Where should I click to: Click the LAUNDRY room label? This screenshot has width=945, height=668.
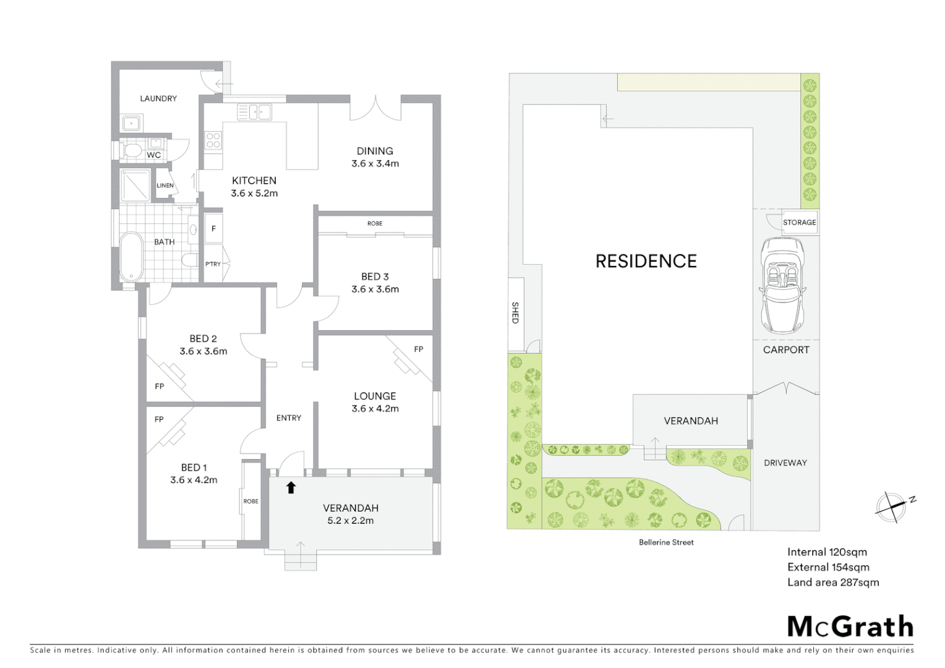click(158, 98)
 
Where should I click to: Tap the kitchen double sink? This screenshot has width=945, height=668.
click(255, 112)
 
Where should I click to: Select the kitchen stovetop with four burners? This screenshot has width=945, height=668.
click(213, 140)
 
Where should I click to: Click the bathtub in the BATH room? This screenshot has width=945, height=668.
click(130, 256)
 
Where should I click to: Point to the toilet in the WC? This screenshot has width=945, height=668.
click(131, 150)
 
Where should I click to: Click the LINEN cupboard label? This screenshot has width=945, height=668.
click(165, 186)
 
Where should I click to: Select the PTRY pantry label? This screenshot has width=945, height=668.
click(213, 264)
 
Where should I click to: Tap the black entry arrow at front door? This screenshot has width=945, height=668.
click(291, 487)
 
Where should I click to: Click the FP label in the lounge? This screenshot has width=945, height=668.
click(419, 349)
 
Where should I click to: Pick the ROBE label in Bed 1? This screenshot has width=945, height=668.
click(250, 501)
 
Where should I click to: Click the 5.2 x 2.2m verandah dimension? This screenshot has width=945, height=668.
click(351, 521)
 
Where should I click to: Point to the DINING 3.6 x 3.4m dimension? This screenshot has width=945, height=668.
click(375, 164)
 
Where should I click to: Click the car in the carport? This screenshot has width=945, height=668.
click(782, 285)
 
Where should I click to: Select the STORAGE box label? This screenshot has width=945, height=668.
click(799, 223)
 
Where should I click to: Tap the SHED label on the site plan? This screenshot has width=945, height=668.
click(515, 312)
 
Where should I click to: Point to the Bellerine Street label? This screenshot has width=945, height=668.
click(666, 542)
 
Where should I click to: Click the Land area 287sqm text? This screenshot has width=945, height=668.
click(832, 582)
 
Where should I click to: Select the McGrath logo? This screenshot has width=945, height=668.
click(850, 626)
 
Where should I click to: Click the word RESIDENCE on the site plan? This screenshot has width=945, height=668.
click(646, 261)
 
